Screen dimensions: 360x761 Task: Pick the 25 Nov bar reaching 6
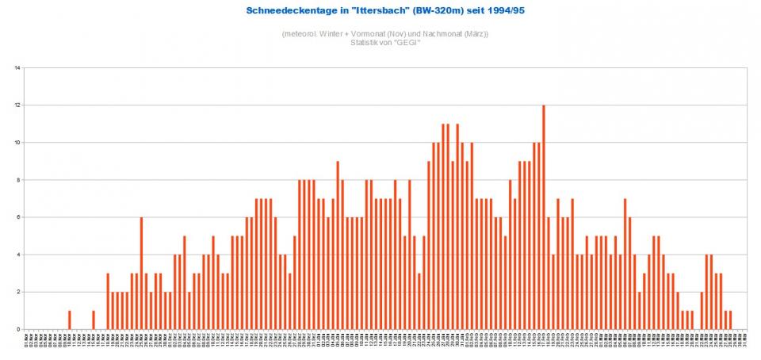point(141,273)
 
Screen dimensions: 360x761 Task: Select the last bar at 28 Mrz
point(729,320)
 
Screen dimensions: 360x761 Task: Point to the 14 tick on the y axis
point(17,68)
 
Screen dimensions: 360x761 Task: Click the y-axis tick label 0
point(18,329)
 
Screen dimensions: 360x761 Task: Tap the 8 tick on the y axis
point(18,180)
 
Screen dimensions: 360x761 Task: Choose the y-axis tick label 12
point(17,105)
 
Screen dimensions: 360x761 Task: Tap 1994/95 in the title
point(492,10)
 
